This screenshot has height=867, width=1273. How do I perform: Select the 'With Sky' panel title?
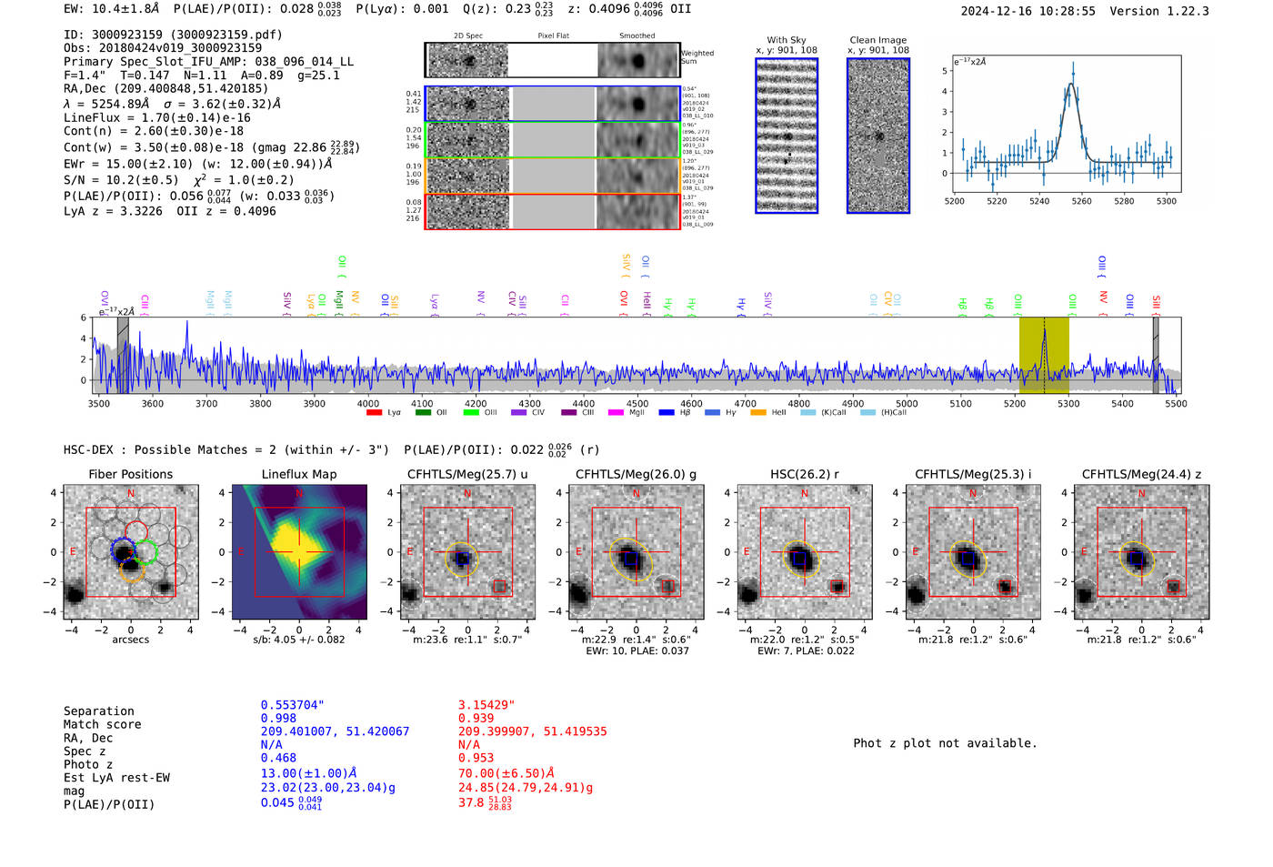pyautogui.click(x=787, y=40)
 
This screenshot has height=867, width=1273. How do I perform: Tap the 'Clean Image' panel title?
pyautogui.click(x=877, y=40)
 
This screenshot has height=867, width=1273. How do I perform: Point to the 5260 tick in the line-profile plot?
pyautogui.click(x=1081, y=201)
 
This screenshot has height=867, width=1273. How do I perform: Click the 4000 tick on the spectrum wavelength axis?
pyautogui.click(x=367, y=404)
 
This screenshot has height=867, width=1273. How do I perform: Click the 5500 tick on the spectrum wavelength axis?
pyautogui.click(x=1176, y=404)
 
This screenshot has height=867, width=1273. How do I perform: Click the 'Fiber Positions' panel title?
pyautogui.click(x=130, y=475)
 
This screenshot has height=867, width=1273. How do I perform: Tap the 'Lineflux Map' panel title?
pyautogui.click(x=299, y=475)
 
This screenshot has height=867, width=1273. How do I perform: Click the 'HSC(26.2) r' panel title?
pyautogui.click(x=804, y=475)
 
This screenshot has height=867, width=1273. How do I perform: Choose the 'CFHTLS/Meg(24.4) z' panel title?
pyautogui.click(x=1141, y=475)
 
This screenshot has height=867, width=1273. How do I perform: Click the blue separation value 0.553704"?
pyautogui.click(x=292, y=705)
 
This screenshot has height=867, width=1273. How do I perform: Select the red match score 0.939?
pyautogui.click(x=476, y=719)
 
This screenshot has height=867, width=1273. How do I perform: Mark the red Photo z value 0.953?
pyautogui.click(x=476, y=758)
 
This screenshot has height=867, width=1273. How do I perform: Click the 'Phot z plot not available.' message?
pyautogui.click(x=945, y=743)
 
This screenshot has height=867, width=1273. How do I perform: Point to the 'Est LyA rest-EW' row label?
pyautogui.click(x=116, y=778)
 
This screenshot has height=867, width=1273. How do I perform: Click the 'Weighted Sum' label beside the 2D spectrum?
pyautogui.click(x=697, y=57)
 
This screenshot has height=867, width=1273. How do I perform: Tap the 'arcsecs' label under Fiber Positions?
pyautogui.click(x=130, y=640)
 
